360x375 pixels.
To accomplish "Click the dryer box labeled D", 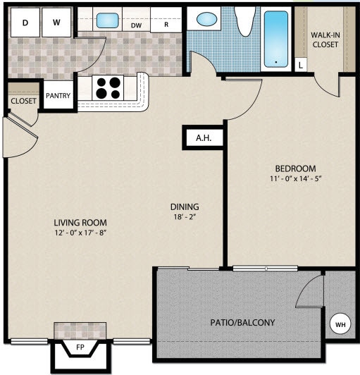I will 26,23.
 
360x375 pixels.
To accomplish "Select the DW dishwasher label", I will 137,25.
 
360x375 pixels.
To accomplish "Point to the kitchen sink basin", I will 107,20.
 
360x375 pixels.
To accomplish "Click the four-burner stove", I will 108,88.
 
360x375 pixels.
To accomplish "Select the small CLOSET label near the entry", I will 23,102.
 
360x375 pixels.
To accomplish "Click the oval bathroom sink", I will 208,20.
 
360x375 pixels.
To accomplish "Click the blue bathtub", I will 276,39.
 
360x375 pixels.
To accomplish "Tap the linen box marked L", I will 301,66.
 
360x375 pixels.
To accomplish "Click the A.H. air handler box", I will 204,138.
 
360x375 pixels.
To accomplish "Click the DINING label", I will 185,207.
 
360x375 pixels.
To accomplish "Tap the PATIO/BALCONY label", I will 242,323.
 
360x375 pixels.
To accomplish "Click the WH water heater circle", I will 340,324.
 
